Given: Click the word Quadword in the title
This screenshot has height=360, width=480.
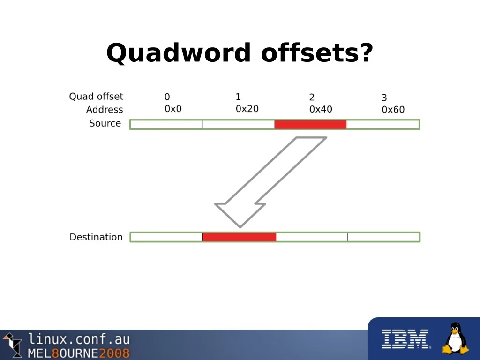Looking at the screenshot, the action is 179,52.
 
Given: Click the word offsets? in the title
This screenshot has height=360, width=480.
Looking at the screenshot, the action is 317,52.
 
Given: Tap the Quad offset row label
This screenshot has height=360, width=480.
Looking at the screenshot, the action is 96,97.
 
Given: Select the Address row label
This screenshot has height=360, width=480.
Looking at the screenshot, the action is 105,109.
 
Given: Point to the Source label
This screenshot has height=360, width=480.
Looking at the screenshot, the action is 105,123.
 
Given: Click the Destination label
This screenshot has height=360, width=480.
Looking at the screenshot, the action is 96,237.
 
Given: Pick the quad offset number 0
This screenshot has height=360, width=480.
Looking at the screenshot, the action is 167,97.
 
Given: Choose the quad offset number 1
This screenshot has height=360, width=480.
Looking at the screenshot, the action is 238,97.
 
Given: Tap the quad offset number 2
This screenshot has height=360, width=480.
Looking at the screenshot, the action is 312,97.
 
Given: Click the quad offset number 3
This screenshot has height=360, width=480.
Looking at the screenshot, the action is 384,97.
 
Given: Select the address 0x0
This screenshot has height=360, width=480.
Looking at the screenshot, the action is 173,109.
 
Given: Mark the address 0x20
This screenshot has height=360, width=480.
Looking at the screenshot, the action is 247,109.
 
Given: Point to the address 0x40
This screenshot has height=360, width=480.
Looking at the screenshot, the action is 321,109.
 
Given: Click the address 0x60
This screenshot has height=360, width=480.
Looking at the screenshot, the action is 393,109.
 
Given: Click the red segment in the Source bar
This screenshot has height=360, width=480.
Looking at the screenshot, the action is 310,124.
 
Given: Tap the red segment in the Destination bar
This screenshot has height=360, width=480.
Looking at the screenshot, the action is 240,237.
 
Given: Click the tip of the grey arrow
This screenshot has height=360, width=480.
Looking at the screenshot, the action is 240,227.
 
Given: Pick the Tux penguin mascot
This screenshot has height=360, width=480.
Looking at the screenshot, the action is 456,338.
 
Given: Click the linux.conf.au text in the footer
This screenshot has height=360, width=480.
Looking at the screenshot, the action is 79,339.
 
